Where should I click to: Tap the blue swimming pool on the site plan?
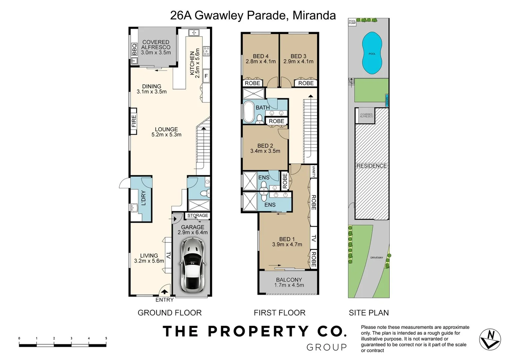coord(372,53)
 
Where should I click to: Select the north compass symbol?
coord(490,339)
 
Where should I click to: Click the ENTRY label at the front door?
coord(165,300)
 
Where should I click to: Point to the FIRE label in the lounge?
coord(134,121)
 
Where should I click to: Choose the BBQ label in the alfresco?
coord(134,49)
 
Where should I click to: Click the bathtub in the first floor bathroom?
coord(248,112)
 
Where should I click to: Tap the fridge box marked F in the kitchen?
coord(206,76)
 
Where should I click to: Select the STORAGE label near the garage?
coord(198,215)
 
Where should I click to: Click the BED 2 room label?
coord(265,146)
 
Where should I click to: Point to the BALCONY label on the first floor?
coord(289,280)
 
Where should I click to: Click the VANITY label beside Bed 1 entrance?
coord(314,171)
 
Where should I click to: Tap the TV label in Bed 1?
coord(313,238)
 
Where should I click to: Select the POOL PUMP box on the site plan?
coord(352,22)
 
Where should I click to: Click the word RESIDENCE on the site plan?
coord(372,166)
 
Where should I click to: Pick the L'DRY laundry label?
coord(144,198)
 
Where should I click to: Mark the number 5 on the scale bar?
coord(106,338)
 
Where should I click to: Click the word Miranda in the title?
coord(314,15)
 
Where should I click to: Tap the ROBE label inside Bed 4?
coord(252,83)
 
